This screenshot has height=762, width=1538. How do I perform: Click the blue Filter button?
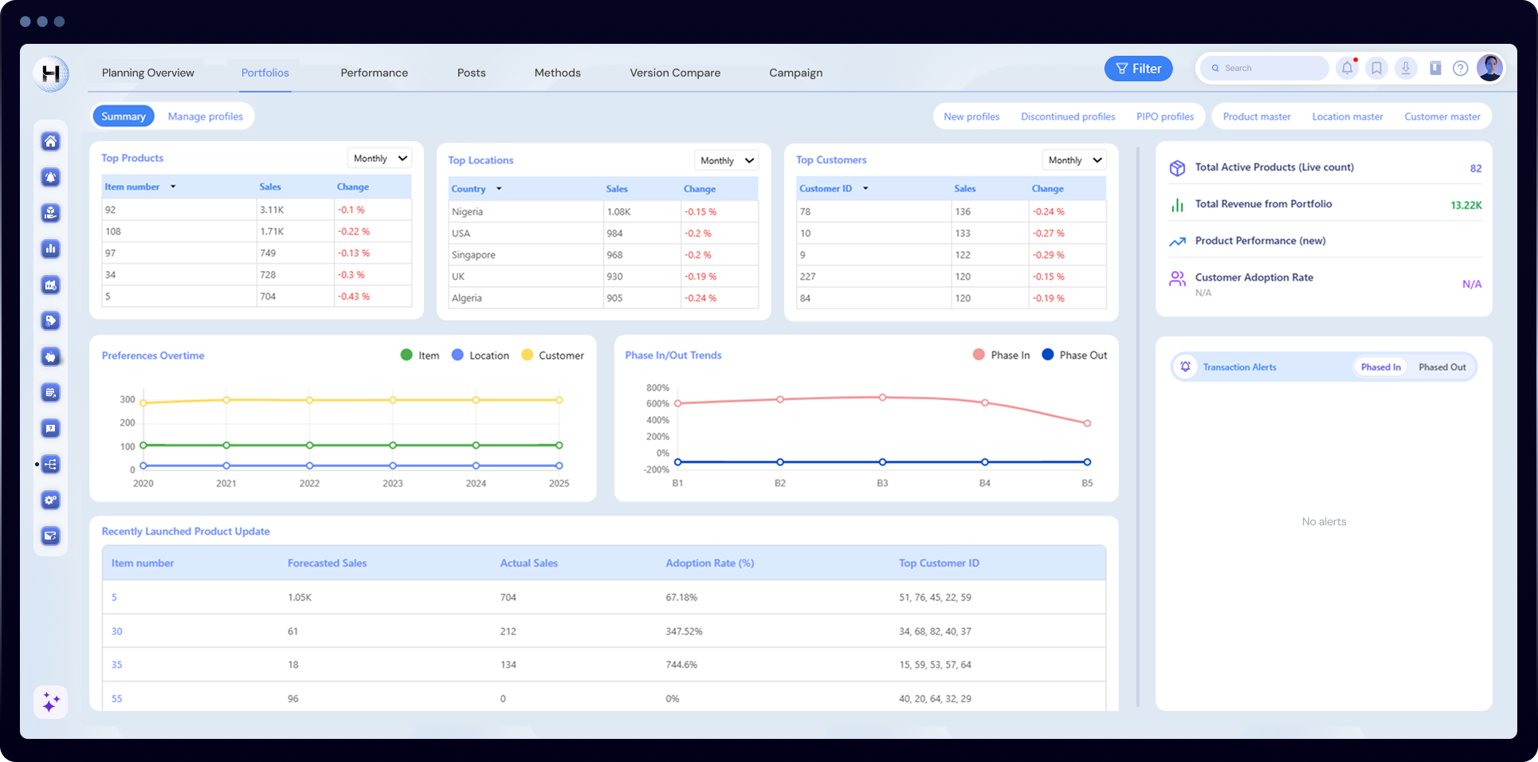click(x=1138, y=69)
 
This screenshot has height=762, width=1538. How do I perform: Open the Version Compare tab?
click(x=674, y=73)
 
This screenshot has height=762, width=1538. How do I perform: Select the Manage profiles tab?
click(x=205, y=116)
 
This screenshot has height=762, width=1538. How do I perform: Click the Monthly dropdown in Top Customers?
click(x=1073, y=160)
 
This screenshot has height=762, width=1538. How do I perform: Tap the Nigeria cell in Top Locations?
click(x=467, y=212)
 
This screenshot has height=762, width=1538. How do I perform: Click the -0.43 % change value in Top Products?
click(x=353, y=297)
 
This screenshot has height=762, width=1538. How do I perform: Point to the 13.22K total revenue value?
click(x=1465, y=205)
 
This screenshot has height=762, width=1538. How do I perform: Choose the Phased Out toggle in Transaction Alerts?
click(x=1442, y=367)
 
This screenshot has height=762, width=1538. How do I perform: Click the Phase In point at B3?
click(x=882, y=397)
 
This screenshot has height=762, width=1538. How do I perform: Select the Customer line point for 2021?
click(x=226, y=400)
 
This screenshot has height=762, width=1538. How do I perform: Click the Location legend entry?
click(x=481, y=355)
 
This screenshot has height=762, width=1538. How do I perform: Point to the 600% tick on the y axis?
click(x=657, y=404)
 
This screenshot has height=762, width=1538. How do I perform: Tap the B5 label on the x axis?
click(x=1087, y=483)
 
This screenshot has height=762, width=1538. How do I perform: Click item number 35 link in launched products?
click(x=117, y=665)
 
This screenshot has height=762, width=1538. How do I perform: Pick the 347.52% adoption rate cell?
click(x=684, y=631)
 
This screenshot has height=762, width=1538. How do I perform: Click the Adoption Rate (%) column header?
click(x=709, y=563)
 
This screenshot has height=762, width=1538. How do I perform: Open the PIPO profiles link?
click(x=1164, y=116)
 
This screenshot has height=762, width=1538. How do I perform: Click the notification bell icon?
click(x=1347, y=69)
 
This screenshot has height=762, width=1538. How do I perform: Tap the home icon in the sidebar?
click(x=51, y=141)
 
